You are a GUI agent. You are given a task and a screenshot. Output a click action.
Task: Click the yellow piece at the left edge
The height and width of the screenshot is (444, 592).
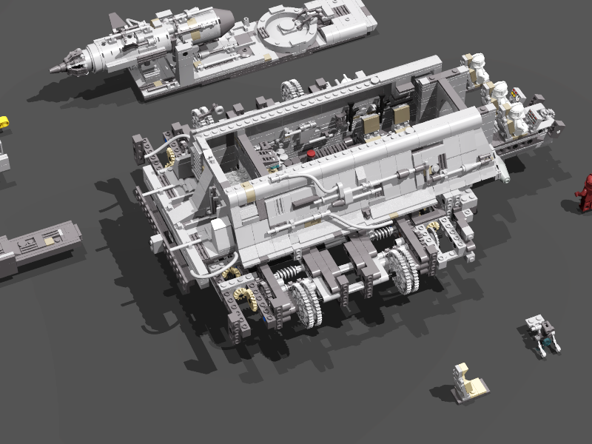(x=3, y=122)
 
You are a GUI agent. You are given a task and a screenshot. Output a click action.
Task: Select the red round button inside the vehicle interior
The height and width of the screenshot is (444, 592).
(x=312, y=152)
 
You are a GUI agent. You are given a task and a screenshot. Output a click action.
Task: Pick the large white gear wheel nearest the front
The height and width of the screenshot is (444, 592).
(x=305, y=303)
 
